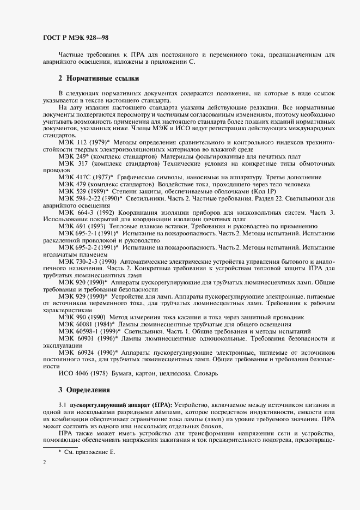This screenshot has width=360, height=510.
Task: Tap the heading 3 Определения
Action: pyautogui.click(x=84, y=390)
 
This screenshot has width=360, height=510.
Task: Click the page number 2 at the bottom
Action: pyautogui.click(x=44, y=463)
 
